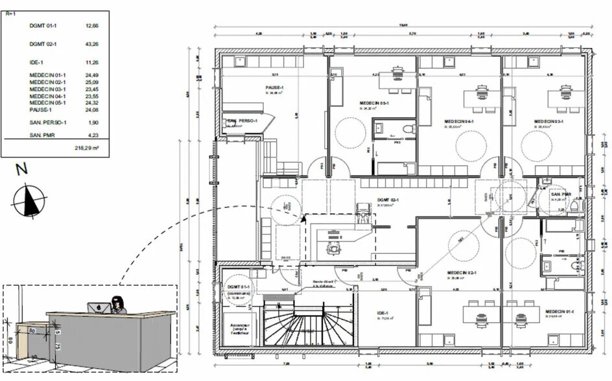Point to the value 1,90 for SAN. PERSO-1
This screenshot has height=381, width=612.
tap(93, 122)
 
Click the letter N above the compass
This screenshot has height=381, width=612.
tap(22, 170)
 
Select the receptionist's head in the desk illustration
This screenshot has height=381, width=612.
tap(119, 303)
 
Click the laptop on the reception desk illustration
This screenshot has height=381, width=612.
tap(96, 307)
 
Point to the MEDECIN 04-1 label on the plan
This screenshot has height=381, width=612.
tap(459, 121)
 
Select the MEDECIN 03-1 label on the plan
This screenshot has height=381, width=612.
tap(549, 121)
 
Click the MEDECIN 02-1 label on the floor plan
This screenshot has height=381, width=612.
tap(462, 273)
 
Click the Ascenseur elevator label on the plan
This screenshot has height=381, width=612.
tap(236, 328)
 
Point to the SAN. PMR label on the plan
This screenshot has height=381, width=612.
tap(561, 194)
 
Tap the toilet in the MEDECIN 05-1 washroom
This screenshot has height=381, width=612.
tap(407, 130)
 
